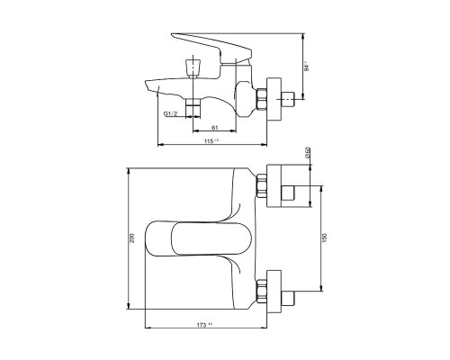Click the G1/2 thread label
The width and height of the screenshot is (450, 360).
pyautogui.click(x=169, y=114)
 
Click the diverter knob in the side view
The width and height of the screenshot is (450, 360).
pyautogui.click(x=190, y=67)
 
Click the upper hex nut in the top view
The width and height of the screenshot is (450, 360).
pyautogui.click(x=263, y=187)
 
